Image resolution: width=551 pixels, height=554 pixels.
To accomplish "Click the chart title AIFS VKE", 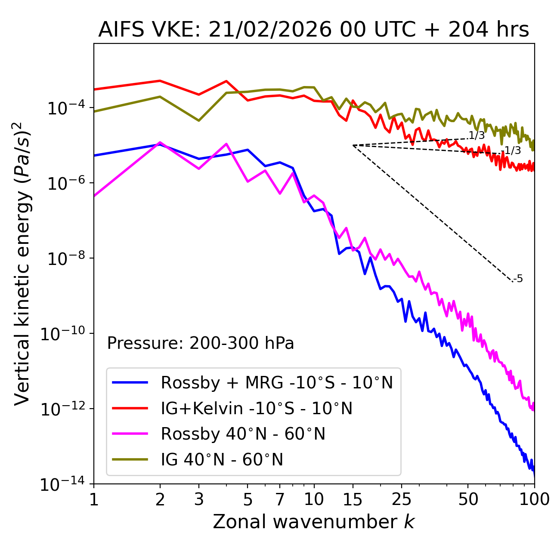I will click(x=313, y=30).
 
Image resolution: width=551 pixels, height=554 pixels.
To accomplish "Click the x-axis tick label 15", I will click(x=353, y=499).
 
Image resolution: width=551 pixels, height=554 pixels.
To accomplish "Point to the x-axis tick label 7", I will click(x=280, y=499).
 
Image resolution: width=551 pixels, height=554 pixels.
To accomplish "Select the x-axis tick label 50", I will click(x=468, y=499).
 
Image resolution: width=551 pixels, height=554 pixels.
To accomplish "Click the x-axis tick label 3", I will click(x=198, y=499).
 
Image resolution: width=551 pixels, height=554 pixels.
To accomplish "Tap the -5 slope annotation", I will click(x=519, y=279).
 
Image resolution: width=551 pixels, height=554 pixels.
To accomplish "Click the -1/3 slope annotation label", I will click(x=512, y=151).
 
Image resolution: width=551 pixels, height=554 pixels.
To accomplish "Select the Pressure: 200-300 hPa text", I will click(x=200, y=343).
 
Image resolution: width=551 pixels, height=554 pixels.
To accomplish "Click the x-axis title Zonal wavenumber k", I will click(x=313, y=522).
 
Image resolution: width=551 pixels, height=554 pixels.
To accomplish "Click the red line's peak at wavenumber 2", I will click(x=160, y=80).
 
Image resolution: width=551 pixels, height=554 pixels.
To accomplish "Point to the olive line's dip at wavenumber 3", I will click(x=198, y=120).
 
